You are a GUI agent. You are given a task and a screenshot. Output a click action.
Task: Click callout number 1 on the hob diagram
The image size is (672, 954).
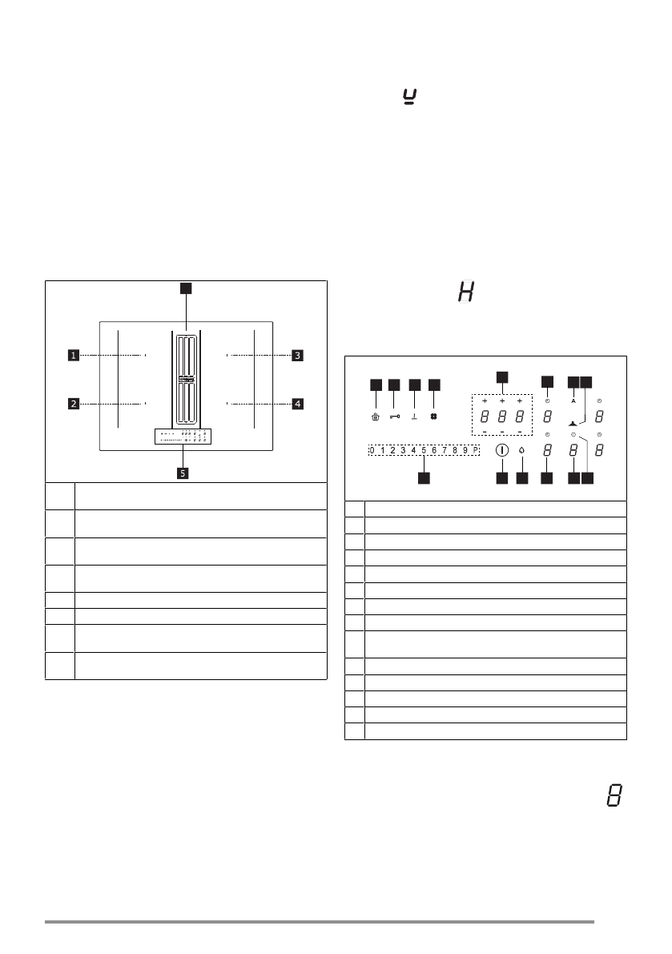(x=73, y=355)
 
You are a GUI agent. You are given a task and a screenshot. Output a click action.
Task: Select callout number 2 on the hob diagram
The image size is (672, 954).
(x=73, y=404)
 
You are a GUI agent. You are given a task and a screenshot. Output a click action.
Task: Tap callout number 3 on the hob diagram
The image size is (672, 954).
(x=297, y=355)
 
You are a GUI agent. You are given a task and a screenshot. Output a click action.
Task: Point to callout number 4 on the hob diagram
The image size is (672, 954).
(x=297, y=404)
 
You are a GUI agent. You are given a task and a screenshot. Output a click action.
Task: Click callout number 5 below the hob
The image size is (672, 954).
(x=183, y=473)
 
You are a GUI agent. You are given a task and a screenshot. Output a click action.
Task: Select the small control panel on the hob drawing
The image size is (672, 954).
(x=183, y=437)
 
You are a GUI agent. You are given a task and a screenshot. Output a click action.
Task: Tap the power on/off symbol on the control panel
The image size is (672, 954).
(x=502, y=450)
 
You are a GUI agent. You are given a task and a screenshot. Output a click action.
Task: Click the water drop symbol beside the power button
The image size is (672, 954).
(x=522, y=450)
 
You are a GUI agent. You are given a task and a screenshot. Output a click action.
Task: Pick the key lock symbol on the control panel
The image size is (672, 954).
(x=394, y=417)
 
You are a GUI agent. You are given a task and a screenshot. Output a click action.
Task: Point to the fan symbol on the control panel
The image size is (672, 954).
(x=433, y=417)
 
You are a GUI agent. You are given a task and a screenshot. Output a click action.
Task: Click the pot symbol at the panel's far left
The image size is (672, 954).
(x=375, y=417)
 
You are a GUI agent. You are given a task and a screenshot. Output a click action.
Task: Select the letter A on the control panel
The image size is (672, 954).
(x=573, y=400)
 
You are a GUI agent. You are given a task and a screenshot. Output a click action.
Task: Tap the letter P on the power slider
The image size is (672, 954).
(x=475, y=450)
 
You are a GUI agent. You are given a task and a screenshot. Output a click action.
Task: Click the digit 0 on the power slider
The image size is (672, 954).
(x=372, y=450)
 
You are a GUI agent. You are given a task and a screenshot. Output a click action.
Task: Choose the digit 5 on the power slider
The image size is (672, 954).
(x=424, y=450)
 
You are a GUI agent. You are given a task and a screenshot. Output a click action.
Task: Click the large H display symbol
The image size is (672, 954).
(x=465, y=292)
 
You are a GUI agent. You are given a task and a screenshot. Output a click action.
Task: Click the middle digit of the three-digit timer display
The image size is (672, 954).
(x=502, y=417)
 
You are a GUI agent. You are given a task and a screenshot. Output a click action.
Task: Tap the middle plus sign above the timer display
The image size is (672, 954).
(x=502, y=400)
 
